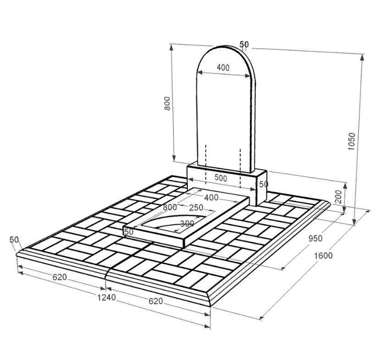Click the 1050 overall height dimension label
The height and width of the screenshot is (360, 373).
(351, 141)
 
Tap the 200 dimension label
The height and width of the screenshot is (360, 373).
(338, 196)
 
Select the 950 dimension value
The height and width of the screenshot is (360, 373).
(315, 238)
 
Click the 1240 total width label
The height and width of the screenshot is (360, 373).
(107, 297)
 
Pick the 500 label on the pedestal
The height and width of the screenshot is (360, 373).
(221, 177)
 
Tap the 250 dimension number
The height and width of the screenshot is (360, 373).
(196, 208)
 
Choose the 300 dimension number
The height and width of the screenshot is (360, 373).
(187, 224)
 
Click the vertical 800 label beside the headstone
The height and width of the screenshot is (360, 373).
(167, 103)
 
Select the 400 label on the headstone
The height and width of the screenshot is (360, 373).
(223, 67)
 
